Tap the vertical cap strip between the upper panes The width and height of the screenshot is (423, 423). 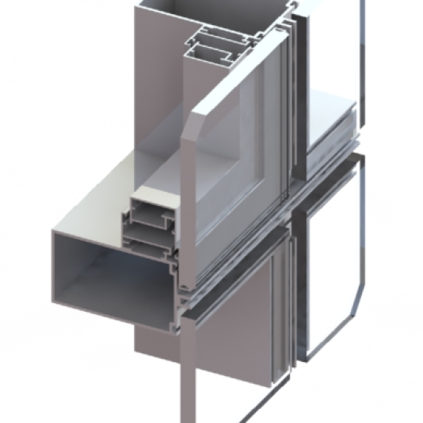pyautogui.click(x=294, y=94)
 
